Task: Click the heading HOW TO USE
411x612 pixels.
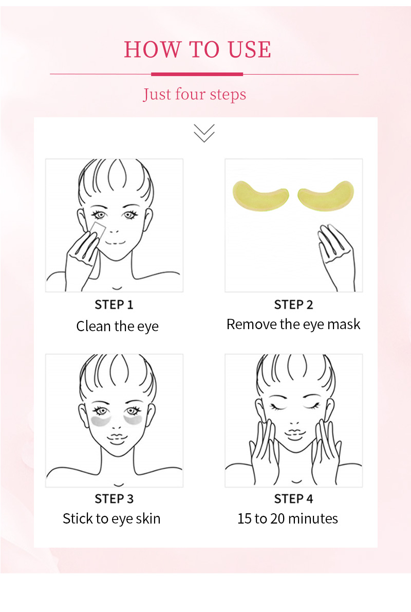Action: [x=198, y=49]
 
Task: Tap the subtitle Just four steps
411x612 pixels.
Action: [x=195, y=95]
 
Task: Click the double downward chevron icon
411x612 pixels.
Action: [x=204, y=133]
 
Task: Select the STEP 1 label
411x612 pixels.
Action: [x=114, y=304]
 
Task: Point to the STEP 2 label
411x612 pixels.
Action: [x=293, y=304]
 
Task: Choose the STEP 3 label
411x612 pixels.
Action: [x=114, y=499]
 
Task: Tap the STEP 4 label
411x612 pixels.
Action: [x=293, y=499]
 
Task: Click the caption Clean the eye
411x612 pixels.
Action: [x=117, y=327]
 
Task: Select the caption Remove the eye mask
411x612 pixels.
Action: [x=293, y=325]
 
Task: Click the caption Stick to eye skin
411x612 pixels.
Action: [x=111, y=518]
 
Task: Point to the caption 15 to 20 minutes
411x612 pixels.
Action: [x=288, y=518]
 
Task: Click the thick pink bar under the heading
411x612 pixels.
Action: [x=197, y=74]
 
